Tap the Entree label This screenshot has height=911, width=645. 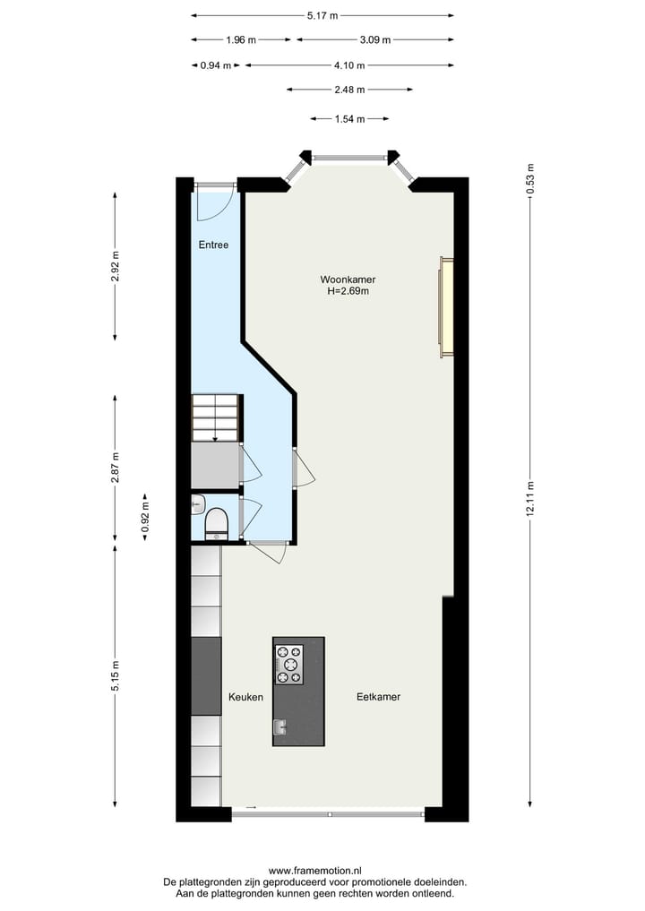coord(213,245)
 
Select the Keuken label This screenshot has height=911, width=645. coord(245,697)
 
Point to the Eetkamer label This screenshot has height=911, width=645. coord(378,697)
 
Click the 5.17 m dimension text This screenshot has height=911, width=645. coord(322,15)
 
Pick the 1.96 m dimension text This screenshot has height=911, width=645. coord(241,39)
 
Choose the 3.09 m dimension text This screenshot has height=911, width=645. coord(374,39)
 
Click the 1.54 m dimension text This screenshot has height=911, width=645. coord(349,118)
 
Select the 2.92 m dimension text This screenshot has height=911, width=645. coord(115,266)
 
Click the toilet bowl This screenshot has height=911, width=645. coord(217,523)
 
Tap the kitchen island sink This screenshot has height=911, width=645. coord(280,726)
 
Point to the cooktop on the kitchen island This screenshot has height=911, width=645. coord(288,665)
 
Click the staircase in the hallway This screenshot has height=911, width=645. coord(215,417)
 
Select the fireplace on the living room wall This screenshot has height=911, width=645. coord(445,306)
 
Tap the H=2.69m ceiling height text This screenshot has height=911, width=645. coord(348,291)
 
